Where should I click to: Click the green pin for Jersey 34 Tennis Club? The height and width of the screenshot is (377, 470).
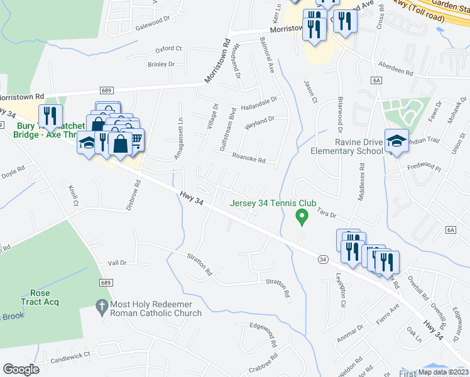[302, 217]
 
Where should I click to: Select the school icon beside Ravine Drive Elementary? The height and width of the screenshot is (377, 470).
[396, 141]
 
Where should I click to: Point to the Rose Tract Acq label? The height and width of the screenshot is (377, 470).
[40, 297]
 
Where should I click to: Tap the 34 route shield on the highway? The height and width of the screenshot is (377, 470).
[322, 259]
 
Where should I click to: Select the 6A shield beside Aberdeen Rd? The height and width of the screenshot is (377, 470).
[376, 80]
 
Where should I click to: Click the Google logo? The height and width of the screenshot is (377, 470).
[21, 369]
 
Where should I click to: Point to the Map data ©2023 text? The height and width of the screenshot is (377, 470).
[443, 372]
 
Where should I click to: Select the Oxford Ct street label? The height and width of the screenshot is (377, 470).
[168, 48]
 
